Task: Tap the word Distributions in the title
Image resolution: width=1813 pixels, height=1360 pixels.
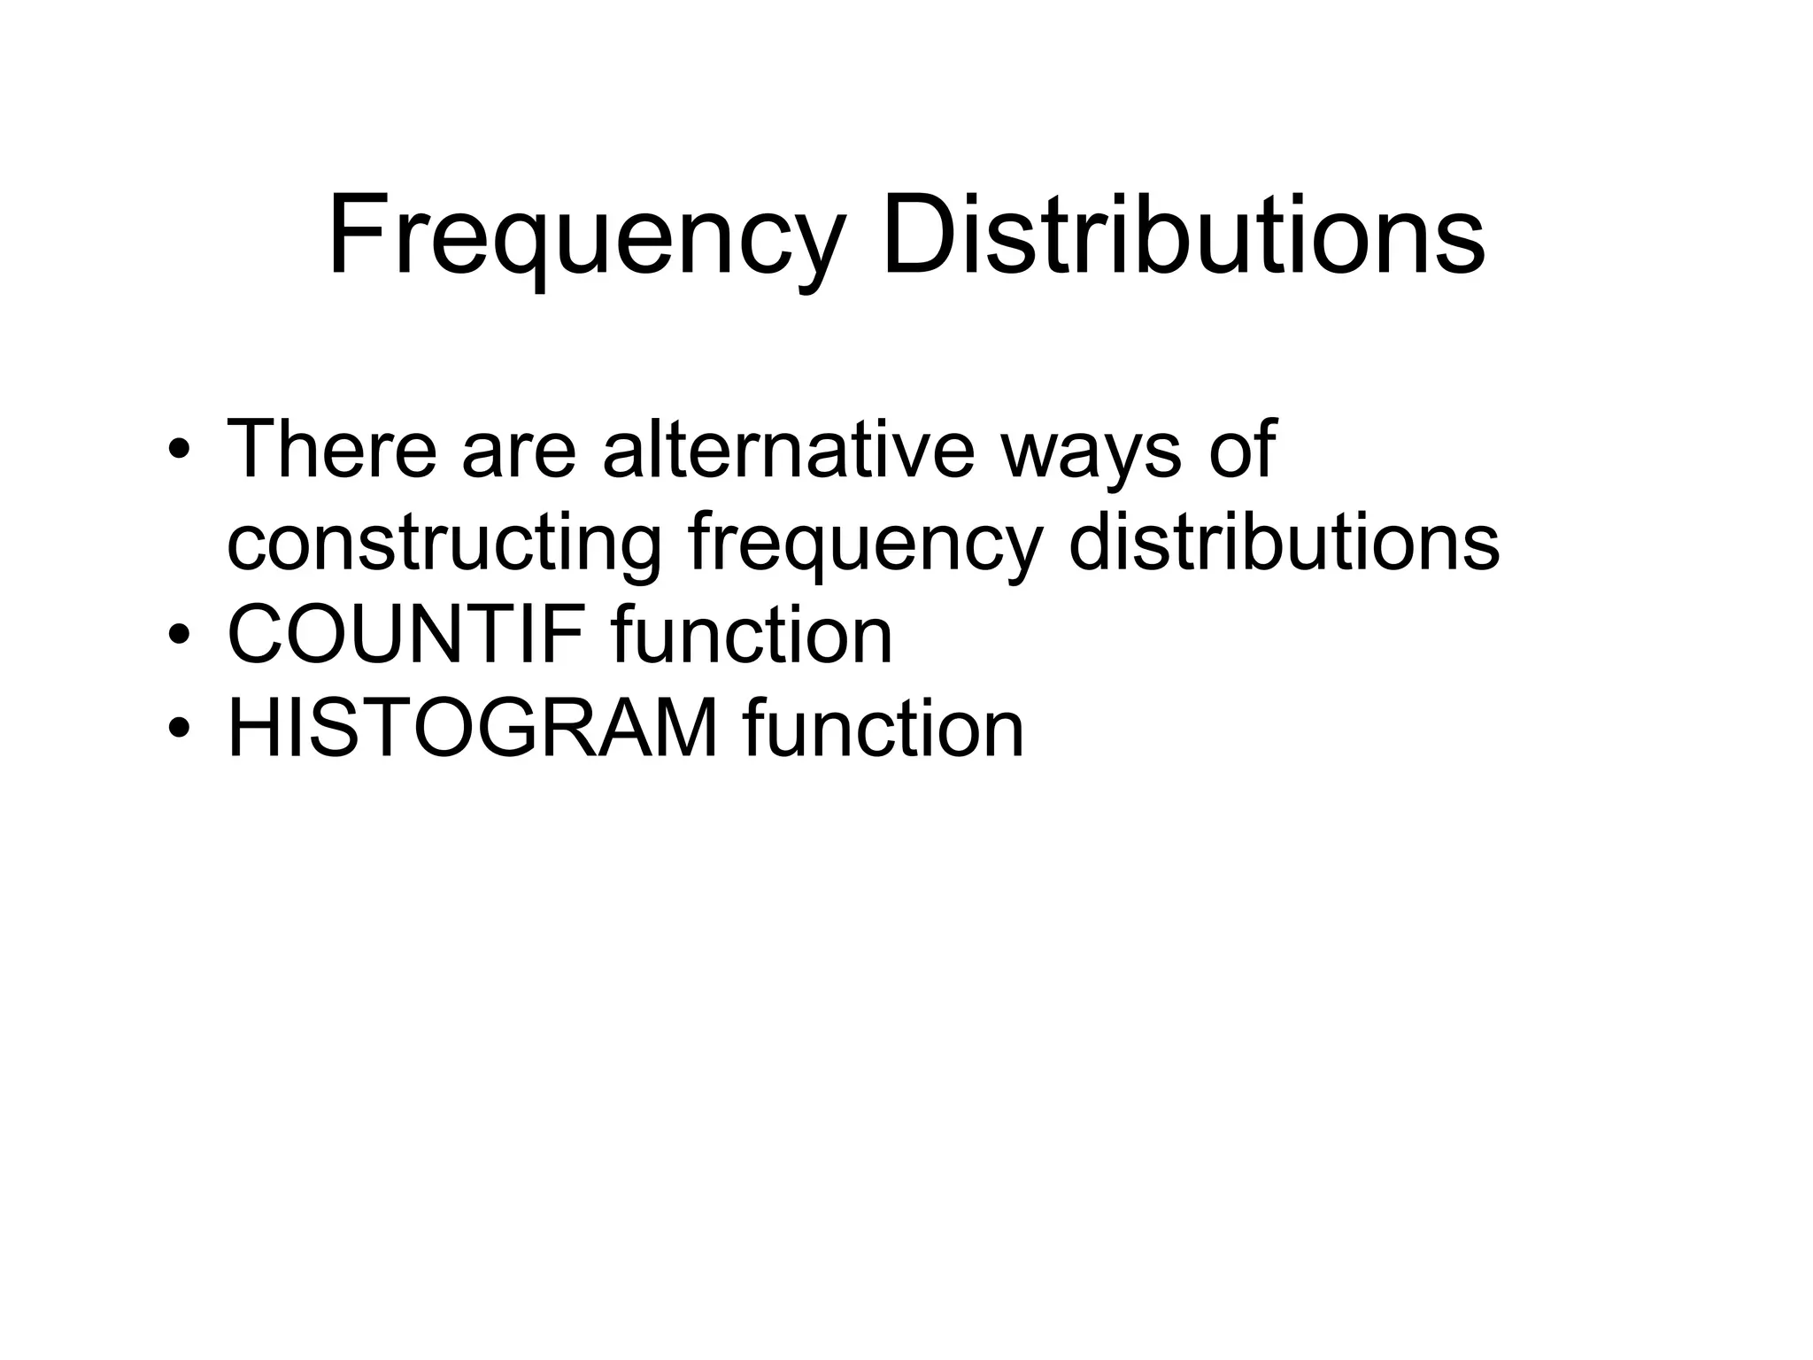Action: pyautogui.click(x=1183, y=236)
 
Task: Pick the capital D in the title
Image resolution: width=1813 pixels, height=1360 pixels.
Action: pyautogui.click(x=916, y=236)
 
